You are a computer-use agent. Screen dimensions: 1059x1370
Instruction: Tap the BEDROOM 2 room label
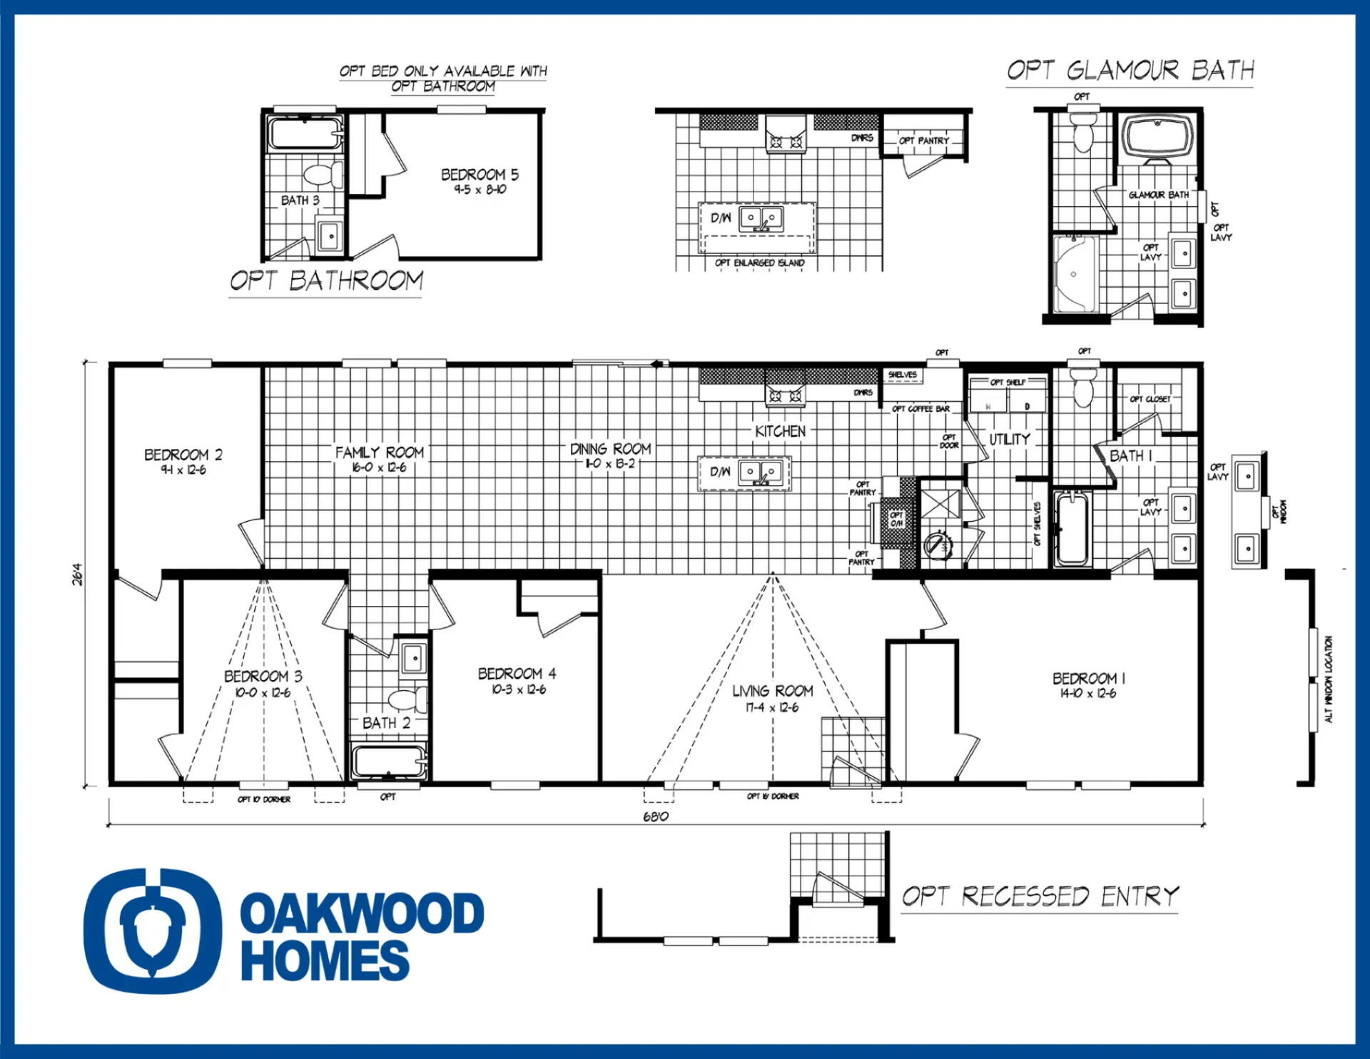183,455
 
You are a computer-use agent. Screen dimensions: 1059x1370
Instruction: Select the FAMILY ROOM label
380,453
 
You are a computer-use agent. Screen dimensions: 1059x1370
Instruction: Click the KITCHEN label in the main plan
780,432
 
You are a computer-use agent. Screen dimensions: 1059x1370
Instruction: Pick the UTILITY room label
1009,440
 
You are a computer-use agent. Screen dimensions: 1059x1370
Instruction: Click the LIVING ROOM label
773,691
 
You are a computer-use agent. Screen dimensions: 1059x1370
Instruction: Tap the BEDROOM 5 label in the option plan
479,175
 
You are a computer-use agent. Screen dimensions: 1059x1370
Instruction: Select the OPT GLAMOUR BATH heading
1130,71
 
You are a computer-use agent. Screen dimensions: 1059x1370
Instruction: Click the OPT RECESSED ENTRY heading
1040,896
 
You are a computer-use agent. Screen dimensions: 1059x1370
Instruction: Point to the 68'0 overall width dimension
655,816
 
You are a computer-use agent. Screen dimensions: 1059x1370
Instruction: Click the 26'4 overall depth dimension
77,574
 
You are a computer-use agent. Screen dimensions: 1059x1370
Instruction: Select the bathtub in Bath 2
389,762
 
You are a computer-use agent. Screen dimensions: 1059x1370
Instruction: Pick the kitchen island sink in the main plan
761,472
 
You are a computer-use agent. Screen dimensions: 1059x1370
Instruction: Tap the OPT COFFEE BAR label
920,409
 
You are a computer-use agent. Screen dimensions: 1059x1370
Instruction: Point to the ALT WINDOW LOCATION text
1329,679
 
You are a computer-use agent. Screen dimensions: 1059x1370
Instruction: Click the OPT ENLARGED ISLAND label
759,263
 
